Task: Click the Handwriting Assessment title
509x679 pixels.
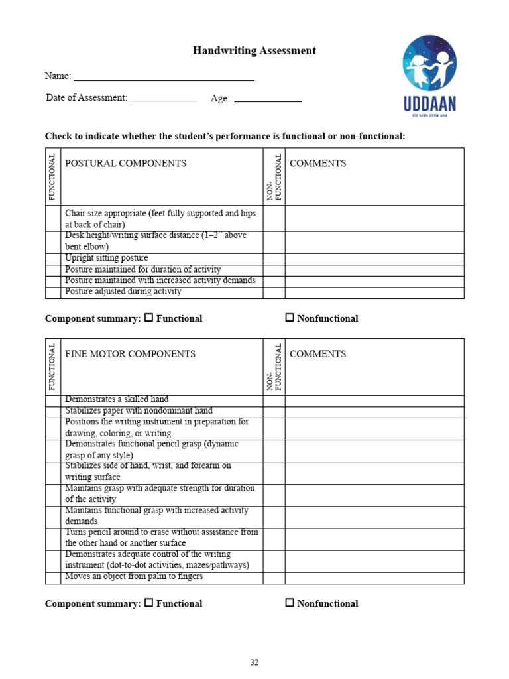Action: click(254, 50)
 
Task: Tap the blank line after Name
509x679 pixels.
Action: click(164, 77)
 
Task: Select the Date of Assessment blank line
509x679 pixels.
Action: click(163, 98)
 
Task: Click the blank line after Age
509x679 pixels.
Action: click(268, 99)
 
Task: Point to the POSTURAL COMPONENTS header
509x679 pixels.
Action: click(125, 164)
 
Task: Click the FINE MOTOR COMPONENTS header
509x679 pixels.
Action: click(130, 354)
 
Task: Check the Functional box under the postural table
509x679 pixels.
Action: click(149, 318)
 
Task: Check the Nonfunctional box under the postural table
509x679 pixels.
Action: click(290, 318)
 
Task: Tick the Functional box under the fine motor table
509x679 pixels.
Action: click(149, 603)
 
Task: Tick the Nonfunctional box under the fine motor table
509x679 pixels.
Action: click(290, 603)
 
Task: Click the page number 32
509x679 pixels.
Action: click(254, 662)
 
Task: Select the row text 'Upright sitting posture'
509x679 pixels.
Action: click(106, 258)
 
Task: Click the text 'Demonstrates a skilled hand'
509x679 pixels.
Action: click(117, 399)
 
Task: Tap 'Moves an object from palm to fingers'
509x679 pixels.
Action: click(134, 576)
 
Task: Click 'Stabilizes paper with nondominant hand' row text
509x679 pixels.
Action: click(139, 411)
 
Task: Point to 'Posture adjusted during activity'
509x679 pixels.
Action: click(123, 292)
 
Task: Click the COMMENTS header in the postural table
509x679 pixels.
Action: click(317, 164)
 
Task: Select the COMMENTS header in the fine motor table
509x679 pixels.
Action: click(317, 354)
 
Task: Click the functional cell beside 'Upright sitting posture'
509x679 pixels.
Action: click(52, 259)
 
